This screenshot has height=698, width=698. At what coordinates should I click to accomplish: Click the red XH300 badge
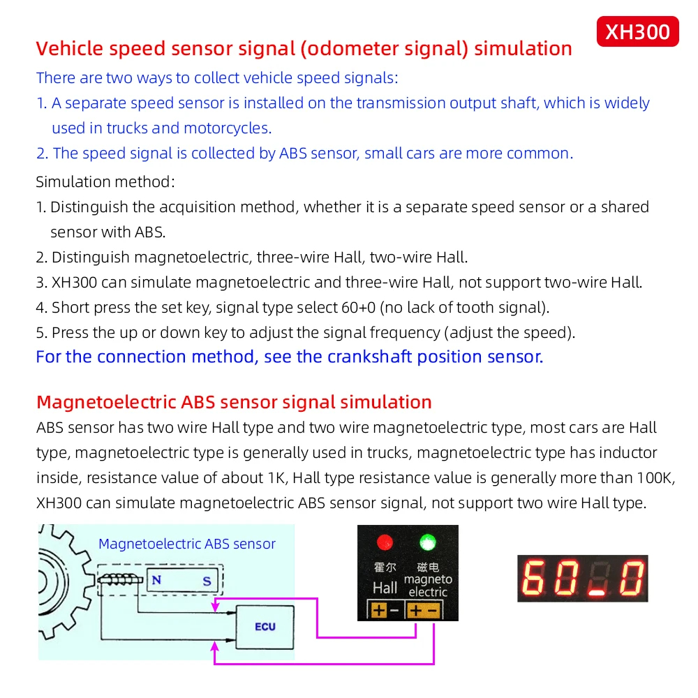637,31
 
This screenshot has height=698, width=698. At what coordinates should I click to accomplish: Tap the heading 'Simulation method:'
105,182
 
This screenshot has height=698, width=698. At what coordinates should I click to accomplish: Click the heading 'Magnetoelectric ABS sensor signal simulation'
234,402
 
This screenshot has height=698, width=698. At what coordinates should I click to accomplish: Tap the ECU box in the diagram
265,626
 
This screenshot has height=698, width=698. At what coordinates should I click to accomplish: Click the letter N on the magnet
156,579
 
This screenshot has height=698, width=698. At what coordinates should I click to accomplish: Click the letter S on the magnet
207,580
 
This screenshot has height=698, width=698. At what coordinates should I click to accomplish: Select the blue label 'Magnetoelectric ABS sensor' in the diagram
187,544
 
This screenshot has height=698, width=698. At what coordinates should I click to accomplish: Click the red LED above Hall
384,542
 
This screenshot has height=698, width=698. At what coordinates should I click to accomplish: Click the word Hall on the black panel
385,588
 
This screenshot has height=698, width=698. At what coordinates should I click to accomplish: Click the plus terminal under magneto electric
415,611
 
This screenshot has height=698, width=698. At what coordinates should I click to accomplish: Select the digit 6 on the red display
535,578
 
